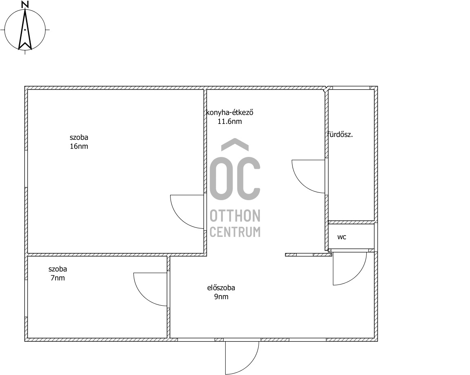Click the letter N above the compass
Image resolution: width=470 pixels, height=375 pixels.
(x=25, y=4)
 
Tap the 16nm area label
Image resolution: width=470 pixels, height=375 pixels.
(x=79, y=146)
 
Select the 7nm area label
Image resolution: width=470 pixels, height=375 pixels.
(x=58, y=278)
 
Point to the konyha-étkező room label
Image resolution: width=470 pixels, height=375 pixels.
(x=230, y=112)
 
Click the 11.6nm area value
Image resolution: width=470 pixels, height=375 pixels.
(x=230, y=121)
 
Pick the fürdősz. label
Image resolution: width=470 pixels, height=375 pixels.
(x=340, y=135)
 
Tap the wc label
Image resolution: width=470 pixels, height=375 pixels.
(x=342, y=237)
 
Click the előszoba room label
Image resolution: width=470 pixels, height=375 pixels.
(x=221, y=288)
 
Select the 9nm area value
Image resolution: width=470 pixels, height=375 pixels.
(x=221, y=297)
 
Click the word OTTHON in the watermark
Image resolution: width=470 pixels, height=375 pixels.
(x=235, y=216)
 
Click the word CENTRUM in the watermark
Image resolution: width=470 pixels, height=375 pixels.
(x=235, y=232)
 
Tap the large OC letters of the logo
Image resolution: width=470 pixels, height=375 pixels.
(x=235, y=179)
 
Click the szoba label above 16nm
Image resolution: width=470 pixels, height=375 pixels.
(x=79, y=137)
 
